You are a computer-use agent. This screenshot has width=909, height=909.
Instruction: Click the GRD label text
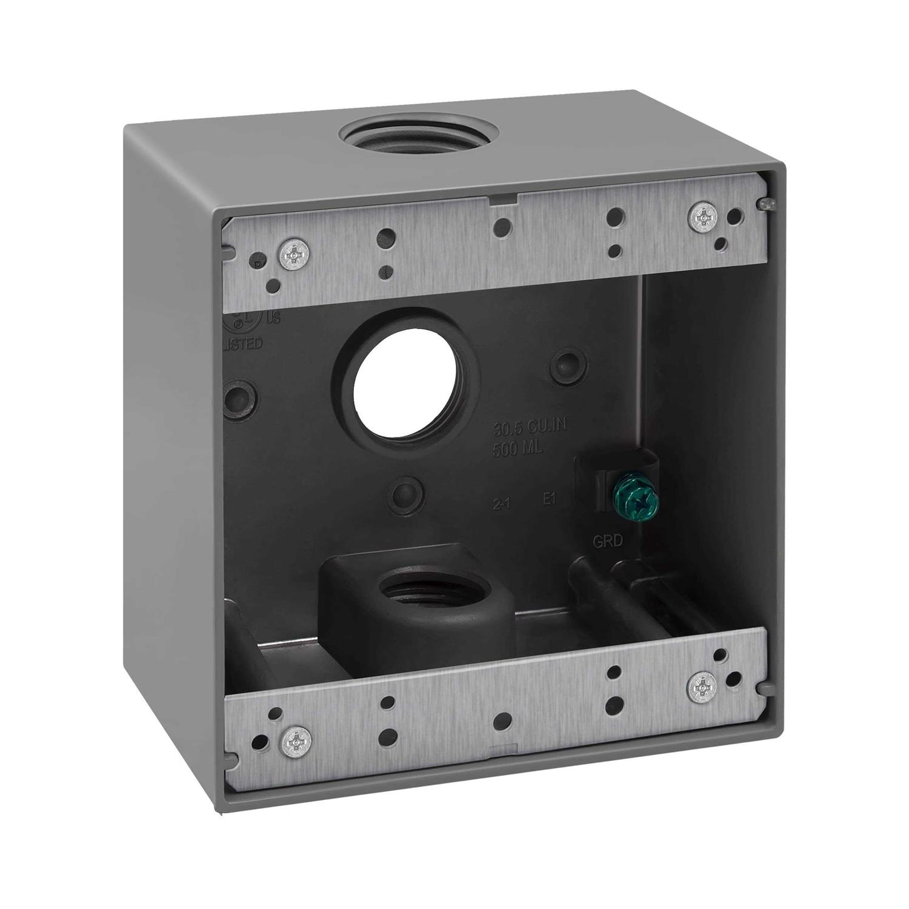tap(607, 542)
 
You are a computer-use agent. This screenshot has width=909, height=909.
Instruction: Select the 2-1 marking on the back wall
tap(501, 502)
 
